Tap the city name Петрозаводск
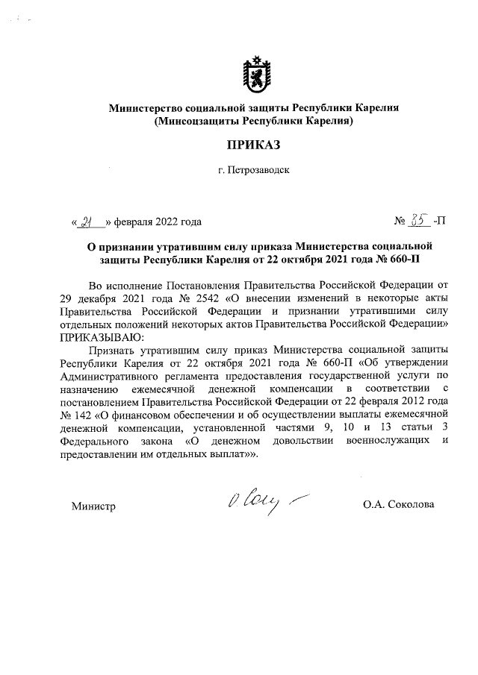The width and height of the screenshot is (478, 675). tap(259, 171)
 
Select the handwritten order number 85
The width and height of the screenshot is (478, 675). tap(418, 220)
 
